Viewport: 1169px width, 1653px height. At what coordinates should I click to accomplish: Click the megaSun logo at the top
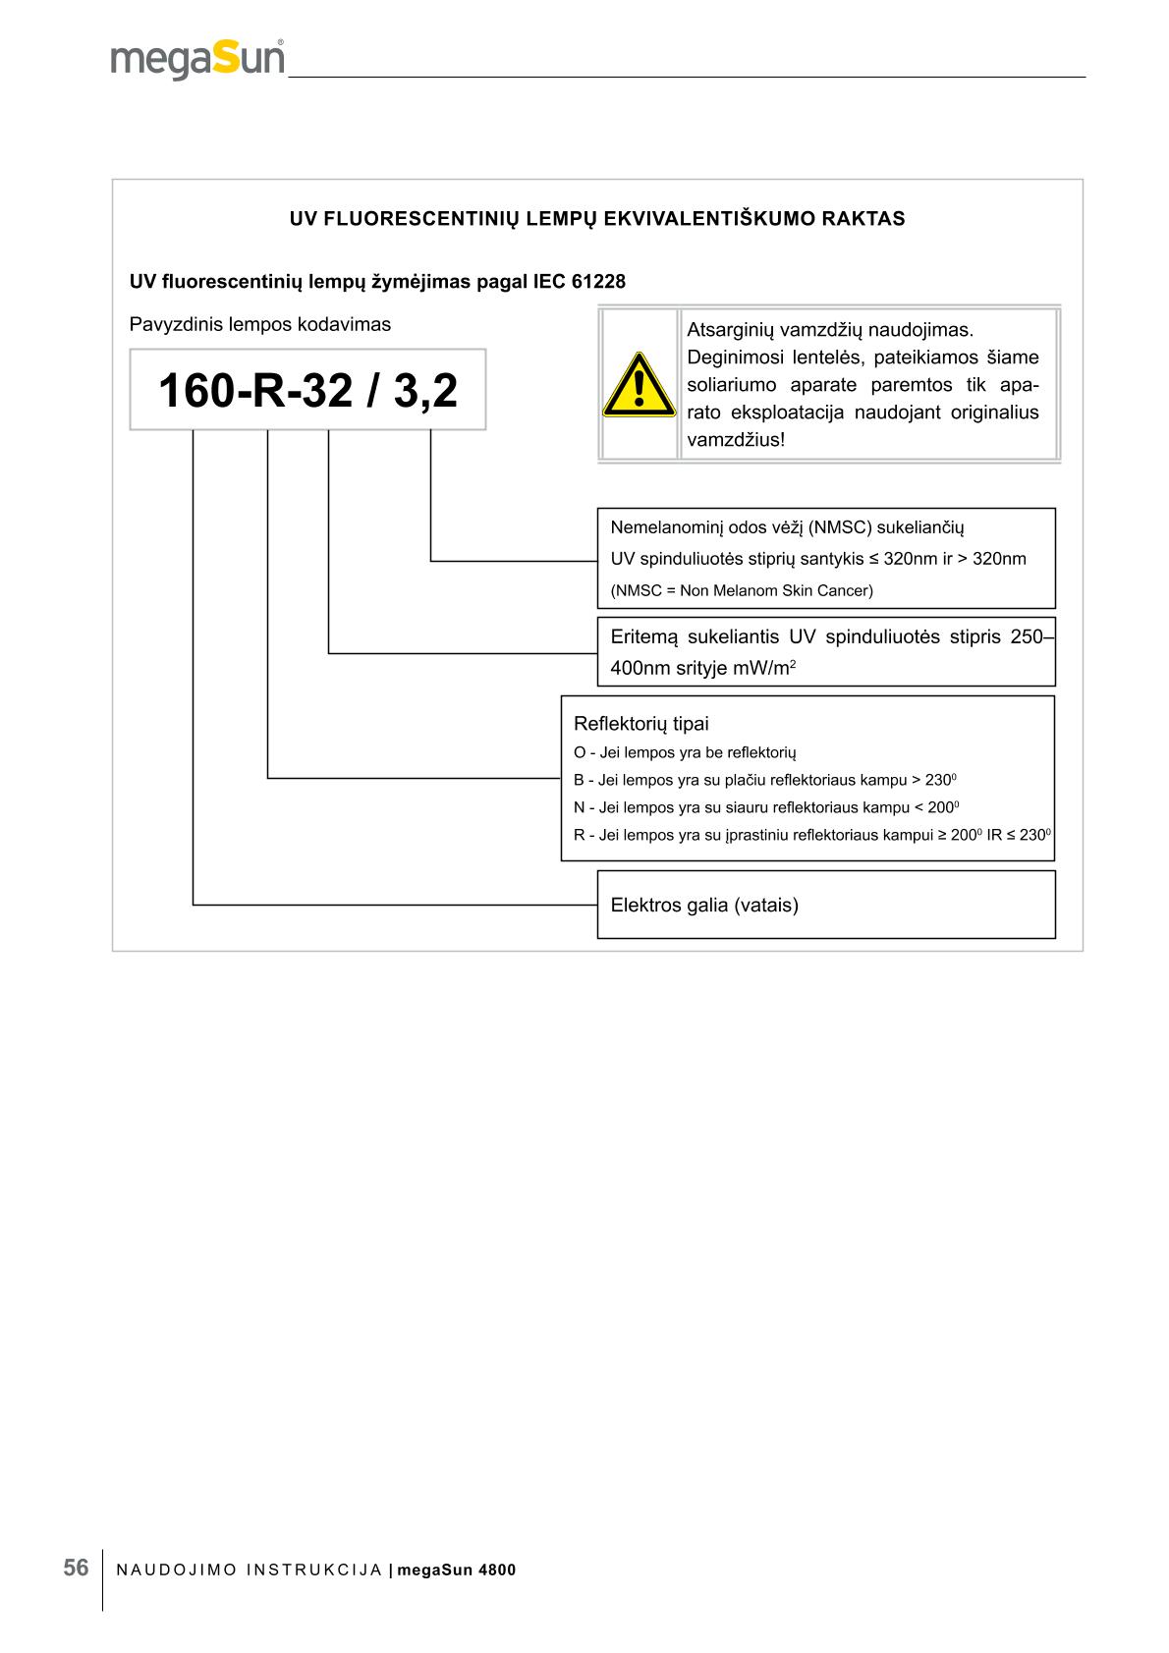click(197, 60)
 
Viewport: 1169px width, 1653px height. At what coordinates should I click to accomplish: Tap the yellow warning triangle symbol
click(639, 385)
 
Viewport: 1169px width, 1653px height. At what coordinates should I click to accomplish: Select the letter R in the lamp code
click(271, 391)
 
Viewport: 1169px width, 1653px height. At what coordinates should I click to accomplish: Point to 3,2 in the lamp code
click(425, 391)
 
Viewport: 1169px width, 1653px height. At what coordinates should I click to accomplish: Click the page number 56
click(76, 1568)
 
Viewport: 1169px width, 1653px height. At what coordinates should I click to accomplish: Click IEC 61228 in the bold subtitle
click(580, 282)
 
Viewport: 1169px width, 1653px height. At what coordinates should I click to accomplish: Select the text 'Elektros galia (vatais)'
click(704, 905)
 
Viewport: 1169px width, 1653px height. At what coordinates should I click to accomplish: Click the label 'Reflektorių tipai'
click(640, 724)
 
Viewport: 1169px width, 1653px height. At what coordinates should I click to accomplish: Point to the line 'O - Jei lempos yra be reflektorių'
click(685, 752)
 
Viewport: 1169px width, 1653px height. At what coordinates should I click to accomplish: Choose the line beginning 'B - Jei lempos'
click(764, 780)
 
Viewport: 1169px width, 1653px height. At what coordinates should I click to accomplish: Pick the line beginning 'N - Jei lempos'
click(765, 807)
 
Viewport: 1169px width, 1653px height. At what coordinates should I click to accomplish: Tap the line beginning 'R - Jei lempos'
click(812, 835)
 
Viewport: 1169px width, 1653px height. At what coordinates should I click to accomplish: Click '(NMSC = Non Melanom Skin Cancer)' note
click(742, 590)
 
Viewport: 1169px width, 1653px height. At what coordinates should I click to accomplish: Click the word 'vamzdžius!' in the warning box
click(736, 439)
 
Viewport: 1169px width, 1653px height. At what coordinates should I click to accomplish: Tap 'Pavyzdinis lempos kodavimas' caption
click(260, 324)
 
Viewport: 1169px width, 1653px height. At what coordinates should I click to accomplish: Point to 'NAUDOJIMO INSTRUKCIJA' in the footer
click(250, 1570)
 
